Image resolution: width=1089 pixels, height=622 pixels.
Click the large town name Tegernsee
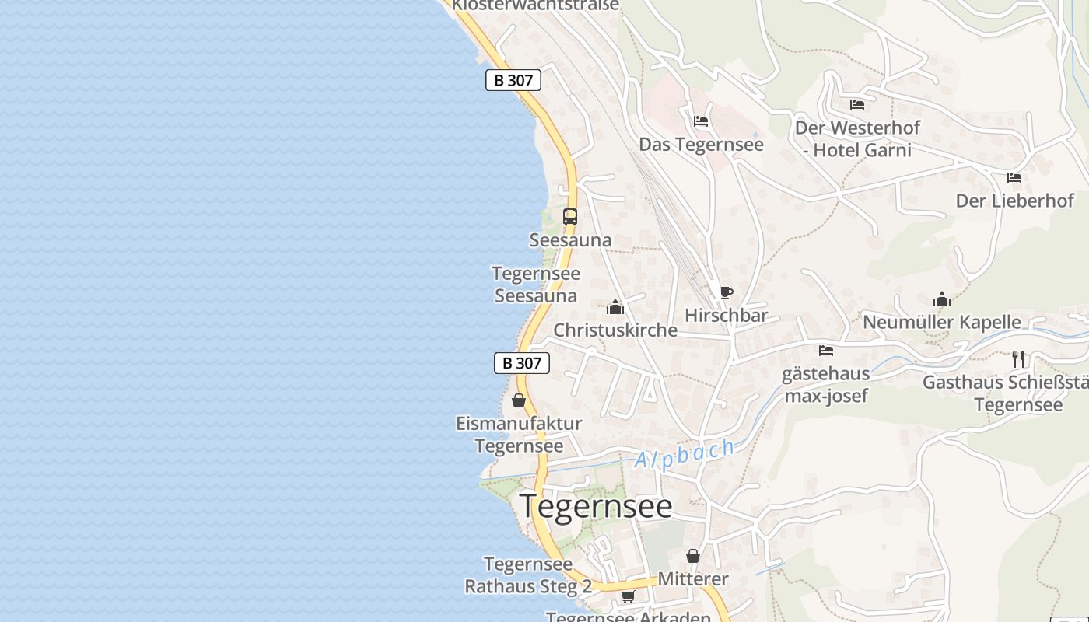click(596, 506)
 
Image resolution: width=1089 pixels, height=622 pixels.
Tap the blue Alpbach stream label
click(685, 453)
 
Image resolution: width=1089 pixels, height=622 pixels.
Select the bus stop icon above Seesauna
click(570, 217)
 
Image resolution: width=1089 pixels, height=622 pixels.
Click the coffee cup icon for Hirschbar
click(726, 293)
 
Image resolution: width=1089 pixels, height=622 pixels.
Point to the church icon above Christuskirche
click(615, 307)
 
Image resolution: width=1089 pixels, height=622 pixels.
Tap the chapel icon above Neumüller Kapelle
click(942, 299)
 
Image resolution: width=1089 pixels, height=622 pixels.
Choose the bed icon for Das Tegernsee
click(701, 121)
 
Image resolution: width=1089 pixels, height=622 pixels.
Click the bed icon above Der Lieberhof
click(1014, 178)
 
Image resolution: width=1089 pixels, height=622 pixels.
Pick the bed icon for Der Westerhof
click(857, 104)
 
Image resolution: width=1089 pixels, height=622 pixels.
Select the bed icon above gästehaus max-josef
click(826, 351)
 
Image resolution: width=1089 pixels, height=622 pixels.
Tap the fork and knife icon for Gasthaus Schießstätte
click(1018, 358)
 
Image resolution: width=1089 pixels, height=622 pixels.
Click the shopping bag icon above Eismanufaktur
click(519, 400)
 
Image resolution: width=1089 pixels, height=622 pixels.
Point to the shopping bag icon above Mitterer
click(693, 556)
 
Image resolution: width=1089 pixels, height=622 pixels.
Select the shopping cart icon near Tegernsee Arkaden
click(628, 596)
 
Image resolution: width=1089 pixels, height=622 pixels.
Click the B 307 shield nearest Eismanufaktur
click(522, 363)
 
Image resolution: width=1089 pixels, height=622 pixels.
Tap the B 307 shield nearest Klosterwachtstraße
click(513, 80)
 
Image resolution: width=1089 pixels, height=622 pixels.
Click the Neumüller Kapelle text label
click(942, 322)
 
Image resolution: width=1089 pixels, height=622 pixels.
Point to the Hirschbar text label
click(726, 316)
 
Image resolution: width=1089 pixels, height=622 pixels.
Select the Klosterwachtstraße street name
click(536, 5)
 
